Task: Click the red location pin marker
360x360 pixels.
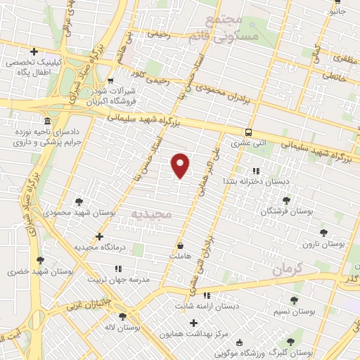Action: [x=181, y=165]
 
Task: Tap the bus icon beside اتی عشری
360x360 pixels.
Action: [x=248, y=131]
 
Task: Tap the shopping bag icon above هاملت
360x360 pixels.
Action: [x=181, y=247]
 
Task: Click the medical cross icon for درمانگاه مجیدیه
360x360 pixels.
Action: [x=99, y=236]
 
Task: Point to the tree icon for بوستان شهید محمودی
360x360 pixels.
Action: [x=78, y=201]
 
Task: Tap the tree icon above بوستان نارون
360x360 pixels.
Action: [x=323, y=233]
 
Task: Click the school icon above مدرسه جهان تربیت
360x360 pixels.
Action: [x=118, y=268]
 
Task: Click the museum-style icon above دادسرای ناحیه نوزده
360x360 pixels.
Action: [x=46, y=120]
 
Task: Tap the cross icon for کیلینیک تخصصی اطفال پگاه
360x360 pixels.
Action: [x=34, y=51]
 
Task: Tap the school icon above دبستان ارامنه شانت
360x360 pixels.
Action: [x=207, y=295]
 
